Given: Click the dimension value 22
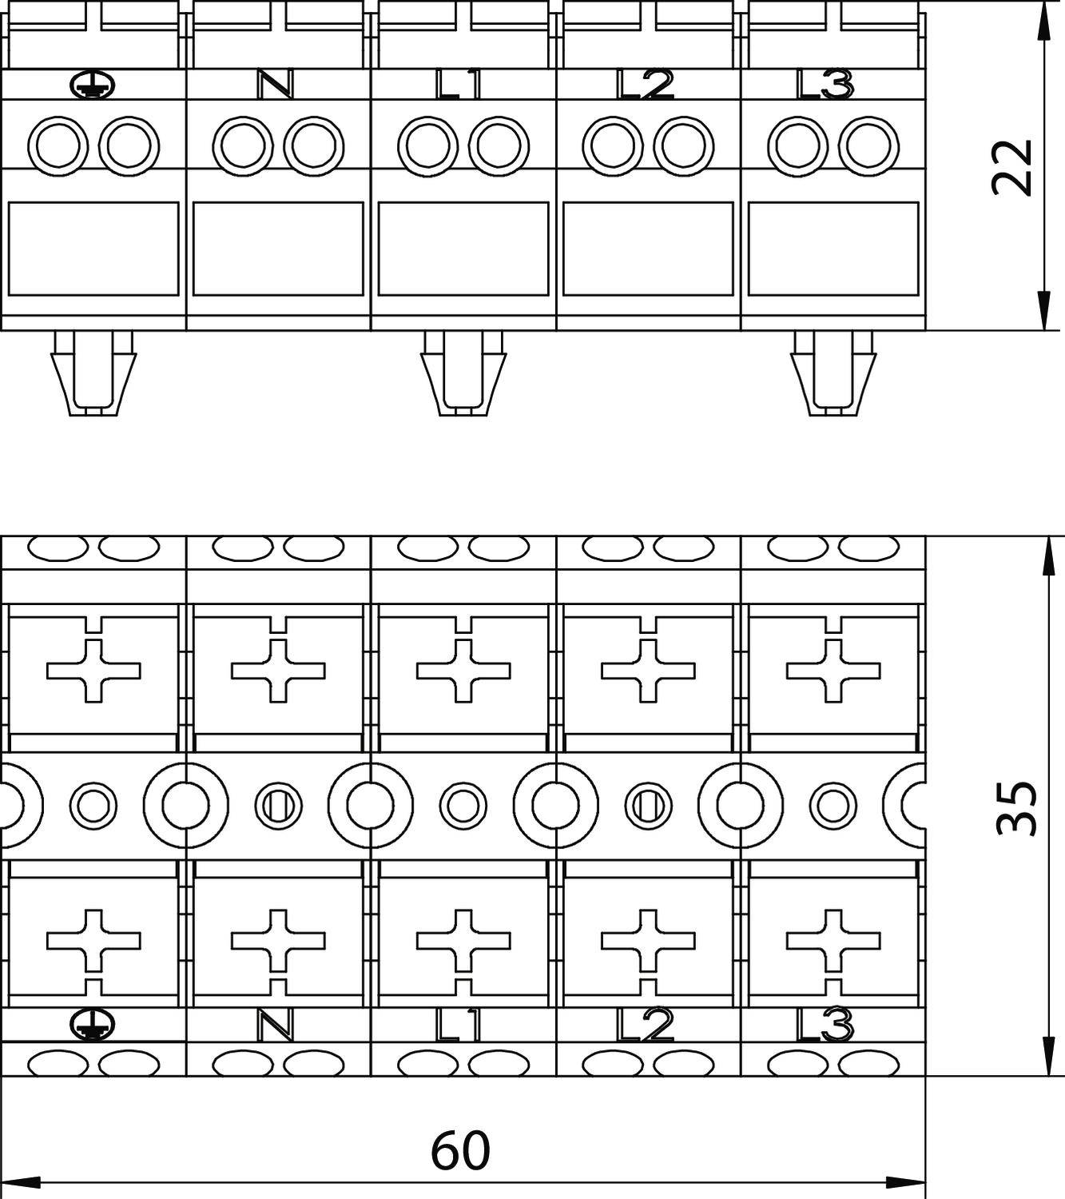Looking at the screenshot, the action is click(1011, 167).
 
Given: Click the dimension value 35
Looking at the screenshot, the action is click(1016, 808).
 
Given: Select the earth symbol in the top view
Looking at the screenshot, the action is click(93, 86).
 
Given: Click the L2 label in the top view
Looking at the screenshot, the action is click(645, 85).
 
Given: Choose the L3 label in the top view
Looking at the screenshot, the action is click(825, 85).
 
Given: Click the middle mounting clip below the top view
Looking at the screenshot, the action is click(463, 373).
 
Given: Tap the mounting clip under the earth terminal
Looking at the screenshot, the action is click(93, 373).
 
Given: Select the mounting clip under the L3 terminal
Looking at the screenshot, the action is click(833, 373).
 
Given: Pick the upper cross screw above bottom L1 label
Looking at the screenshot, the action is click(463, 671).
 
